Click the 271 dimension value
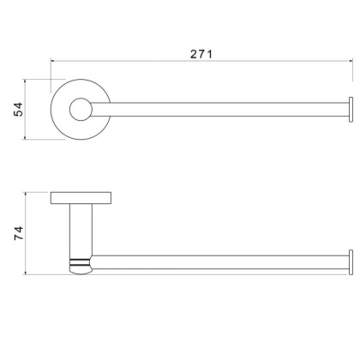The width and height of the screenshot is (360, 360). (201, 54)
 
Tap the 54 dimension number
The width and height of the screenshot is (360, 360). (18, 109)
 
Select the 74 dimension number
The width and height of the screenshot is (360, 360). (19, 233)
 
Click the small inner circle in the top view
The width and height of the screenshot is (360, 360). (81, 109)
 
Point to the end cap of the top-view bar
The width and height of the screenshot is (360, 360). (351, 110)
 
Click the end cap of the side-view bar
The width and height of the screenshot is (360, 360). (351, 262)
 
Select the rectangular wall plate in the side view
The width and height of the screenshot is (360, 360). (81, 198)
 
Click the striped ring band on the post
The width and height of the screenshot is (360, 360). (80, 262)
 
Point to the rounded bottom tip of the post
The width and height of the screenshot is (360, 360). (81, 271)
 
